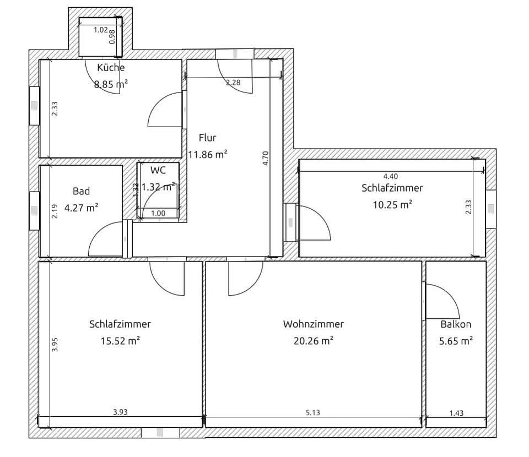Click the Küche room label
click(x=111, y=67)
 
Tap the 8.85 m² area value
click(x=111, y=84)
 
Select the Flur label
click(x=208, y=138)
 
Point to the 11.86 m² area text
click(x=208, y=154)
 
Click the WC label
click(x=158, y=170)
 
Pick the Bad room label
click(x=82, y=191)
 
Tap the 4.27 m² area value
click(x=82, y=208)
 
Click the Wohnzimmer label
click(x=314, y=324)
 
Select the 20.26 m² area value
click(x=314, y=341)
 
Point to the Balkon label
click(x=456, y=324)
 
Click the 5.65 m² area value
click(x=456, y=341)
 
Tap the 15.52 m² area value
click(x=120, y=341)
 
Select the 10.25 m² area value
click(x=392, y=205)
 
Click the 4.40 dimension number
click(x=391, y=176)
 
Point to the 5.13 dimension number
click(x=313, y=412)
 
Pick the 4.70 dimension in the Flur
click(x=266, y=158)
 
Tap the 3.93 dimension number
click(x=120, y=412)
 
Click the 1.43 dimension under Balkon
click(x=456, y=413)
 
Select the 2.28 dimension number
click(x=233, y=82)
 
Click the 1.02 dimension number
click(x=100, y=30)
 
